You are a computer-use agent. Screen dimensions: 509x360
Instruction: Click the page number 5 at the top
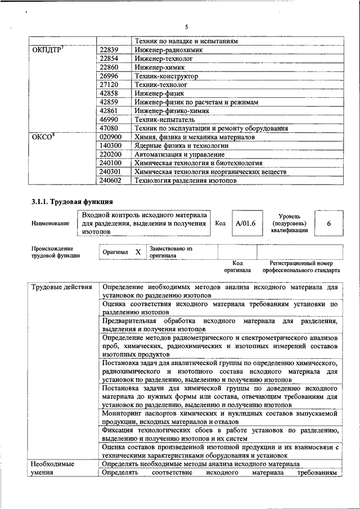coord(186,27)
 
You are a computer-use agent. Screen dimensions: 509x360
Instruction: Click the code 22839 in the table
coord(109,50)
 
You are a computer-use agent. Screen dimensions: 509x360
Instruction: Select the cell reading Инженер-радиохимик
coord(168,50)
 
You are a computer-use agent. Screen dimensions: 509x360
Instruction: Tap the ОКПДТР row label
coord(47,50)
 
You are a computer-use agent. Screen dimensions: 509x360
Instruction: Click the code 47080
coord(109,129)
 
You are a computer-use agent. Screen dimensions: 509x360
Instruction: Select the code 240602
coord(111,181)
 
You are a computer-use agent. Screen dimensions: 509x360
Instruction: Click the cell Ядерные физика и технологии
coord(176,146)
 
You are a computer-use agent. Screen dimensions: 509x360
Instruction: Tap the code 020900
coord(111,137)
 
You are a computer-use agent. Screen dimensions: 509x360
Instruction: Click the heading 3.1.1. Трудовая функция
coord(73,201)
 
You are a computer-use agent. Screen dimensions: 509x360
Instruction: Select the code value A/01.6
coord(246,223)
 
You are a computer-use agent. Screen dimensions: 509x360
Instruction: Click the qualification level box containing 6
coord(328,223)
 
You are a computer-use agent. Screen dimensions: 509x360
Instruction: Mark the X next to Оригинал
coord(138,253)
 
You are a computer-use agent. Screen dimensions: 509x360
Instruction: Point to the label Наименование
coord(51,223)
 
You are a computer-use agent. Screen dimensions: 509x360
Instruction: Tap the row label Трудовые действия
coord(62,287)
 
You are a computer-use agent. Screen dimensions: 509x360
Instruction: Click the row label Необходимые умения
coord(54,469)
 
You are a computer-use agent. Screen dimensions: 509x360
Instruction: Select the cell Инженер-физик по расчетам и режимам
coord(196,102)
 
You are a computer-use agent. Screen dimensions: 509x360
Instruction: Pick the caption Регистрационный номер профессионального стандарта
coord(301,267)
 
